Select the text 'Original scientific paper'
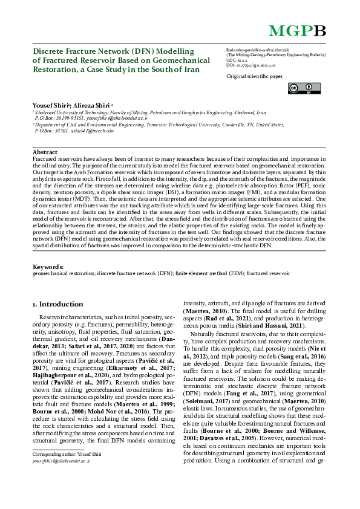(254, 77)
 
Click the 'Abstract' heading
(45, 152)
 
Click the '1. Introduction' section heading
(57, 304)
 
